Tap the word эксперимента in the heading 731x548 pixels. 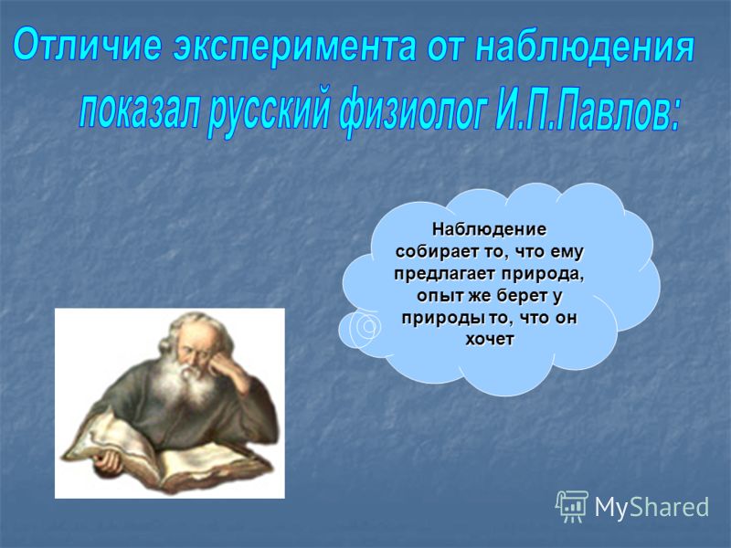(x=294, y=47)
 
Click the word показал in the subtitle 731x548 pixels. (x=139, y=111)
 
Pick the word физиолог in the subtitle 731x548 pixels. (x=411, y=113)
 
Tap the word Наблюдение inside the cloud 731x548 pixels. (x=489, y=229)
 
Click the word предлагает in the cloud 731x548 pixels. (x=445, y=275)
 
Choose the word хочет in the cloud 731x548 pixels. (x=490, y=340)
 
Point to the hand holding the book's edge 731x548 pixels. (x=108, y=459)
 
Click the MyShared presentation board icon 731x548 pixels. (x=572, y=506)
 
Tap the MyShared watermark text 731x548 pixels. (x=652, y=507)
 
